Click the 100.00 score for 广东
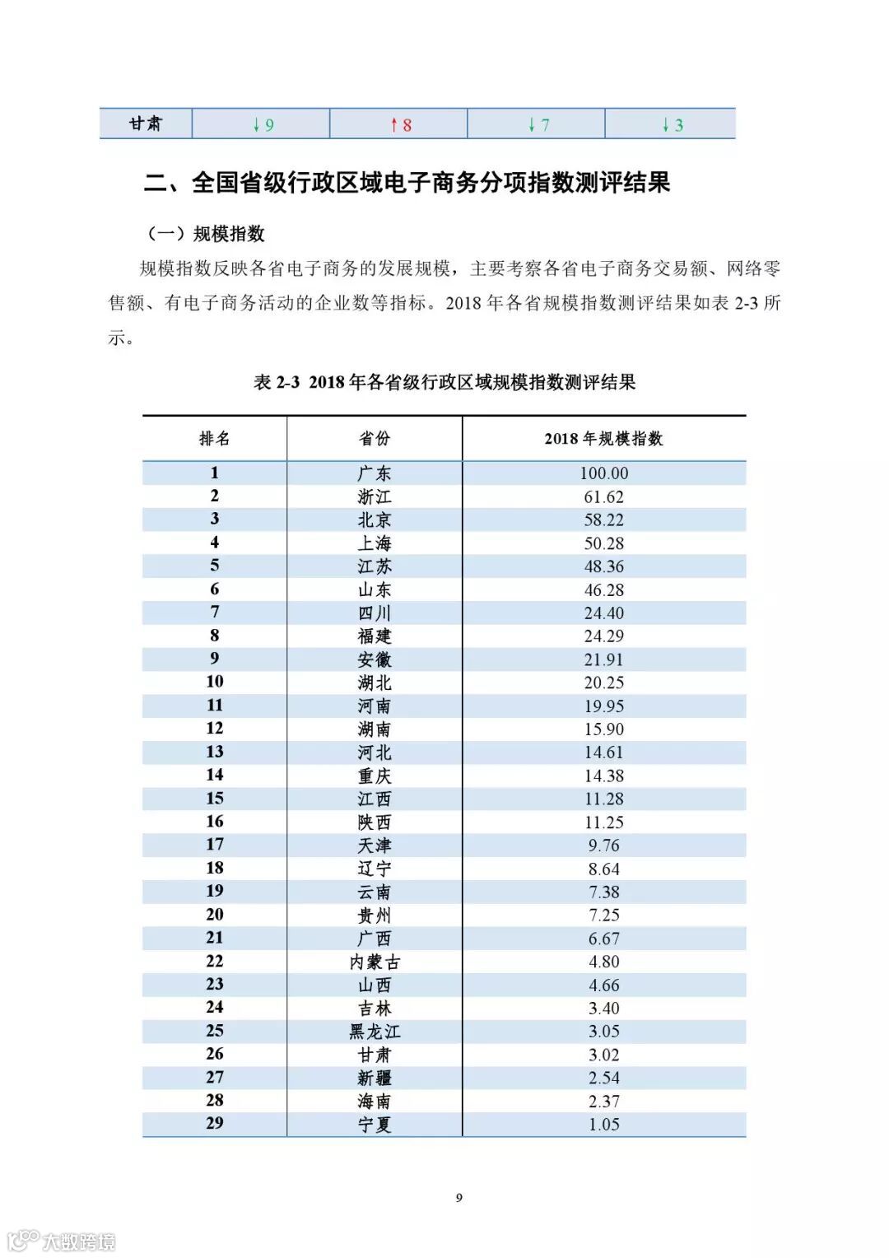603,473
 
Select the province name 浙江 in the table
375,496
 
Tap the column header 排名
214,438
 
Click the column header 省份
375,438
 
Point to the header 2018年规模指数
603,438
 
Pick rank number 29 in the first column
214,1123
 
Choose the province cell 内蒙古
375,962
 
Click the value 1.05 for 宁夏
603,1125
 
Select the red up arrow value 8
401,125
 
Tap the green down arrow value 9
263,125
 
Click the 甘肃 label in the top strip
146,123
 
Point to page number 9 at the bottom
459,1198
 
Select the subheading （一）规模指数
206,234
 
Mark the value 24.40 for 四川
603,613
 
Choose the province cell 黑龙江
375,1032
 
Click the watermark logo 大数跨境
62,1240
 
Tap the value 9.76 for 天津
603,846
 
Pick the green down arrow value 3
673,125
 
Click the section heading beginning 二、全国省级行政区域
407,182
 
